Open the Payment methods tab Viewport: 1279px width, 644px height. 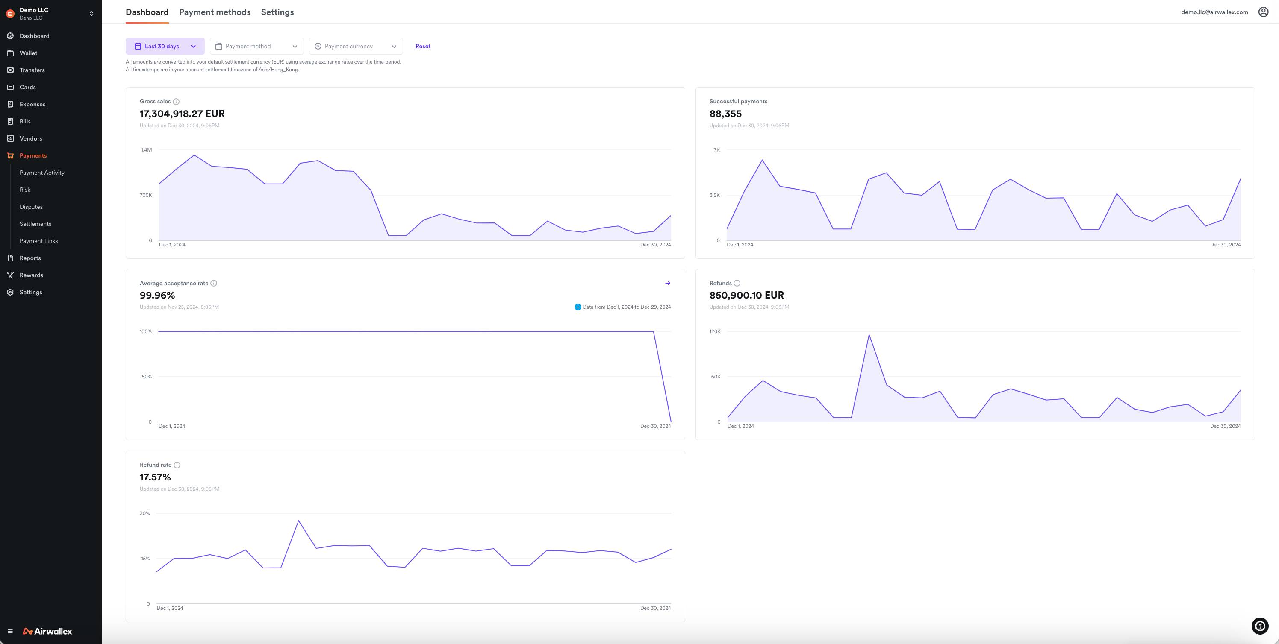point(215,12)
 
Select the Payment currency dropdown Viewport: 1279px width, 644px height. point(356,46)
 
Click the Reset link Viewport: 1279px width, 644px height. point(422,46)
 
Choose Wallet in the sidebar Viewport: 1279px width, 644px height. point(28,53)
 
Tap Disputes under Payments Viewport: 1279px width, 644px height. point(31,207)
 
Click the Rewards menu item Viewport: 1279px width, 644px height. point(31,275)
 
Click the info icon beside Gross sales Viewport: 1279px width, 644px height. point(176,102)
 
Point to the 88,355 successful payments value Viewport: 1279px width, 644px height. point(725,114)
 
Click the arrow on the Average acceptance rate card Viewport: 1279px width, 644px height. point(667,283)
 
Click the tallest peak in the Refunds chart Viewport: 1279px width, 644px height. point(869,334)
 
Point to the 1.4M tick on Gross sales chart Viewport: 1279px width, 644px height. point(147,150)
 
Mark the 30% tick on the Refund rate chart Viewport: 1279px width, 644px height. point(144,513)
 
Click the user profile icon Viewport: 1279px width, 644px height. point(1263,12)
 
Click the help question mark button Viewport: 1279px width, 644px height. point(1260,626)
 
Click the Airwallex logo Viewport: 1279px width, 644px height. point(48,631)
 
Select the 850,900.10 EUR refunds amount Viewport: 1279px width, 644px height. point(746,295)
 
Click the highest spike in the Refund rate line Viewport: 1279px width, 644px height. point(298,521)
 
